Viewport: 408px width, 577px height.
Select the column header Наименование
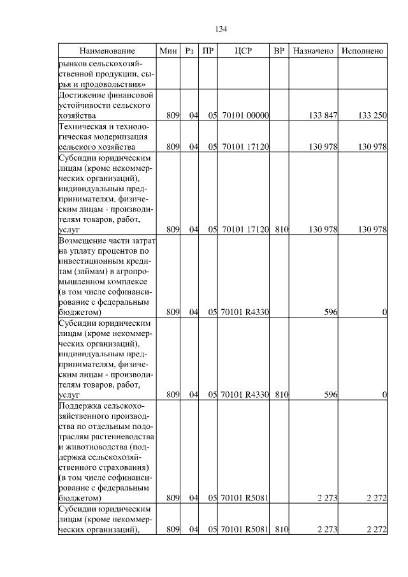tap(107, 51)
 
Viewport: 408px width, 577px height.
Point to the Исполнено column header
tap(362, 51)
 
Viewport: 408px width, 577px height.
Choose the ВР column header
tap(279, 51)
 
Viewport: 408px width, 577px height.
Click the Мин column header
tap(168, 51)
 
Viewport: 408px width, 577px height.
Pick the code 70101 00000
tap(244, 115)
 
